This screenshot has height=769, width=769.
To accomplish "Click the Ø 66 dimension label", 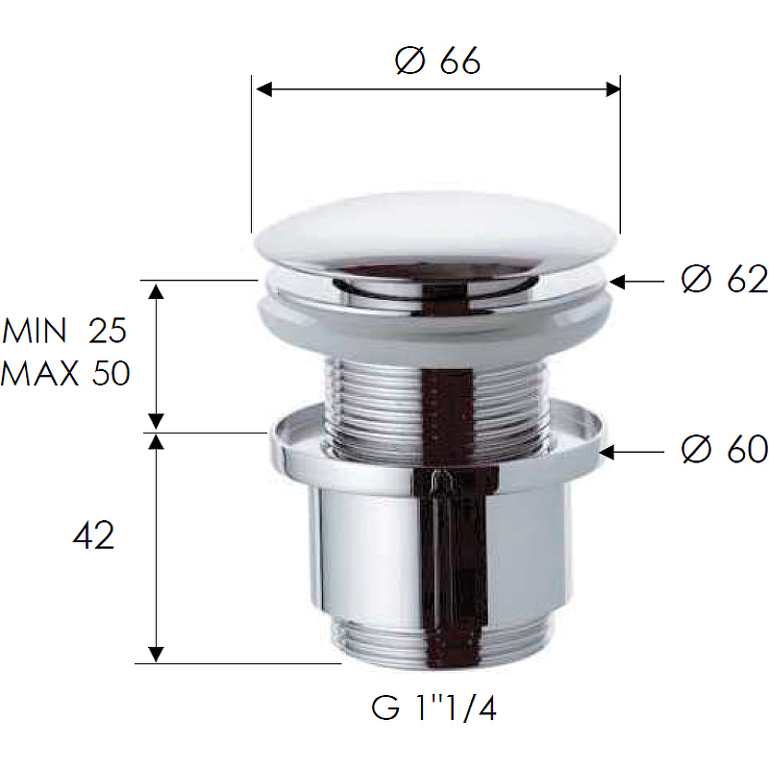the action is point(437,61).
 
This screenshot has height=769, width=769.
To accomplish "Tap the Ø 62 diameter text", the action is point(725,280).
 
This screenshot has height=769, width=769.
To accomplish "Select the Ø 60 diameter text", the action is point(725,449).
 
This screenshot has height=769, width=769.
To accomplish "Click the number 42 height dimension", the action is point(93,535).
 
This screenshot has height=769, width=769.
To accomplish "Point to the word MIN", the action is point(35,330).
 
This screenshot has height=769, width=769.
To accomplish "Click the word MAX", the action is point(39,373).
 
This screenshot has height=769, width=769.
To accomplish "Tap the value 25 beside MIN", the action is point(108,330).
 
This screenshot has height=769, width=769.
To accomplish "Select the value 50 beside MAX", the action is point(111,373).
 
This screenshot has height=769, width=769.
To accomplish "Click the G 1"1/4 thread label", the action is point(434,708).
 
